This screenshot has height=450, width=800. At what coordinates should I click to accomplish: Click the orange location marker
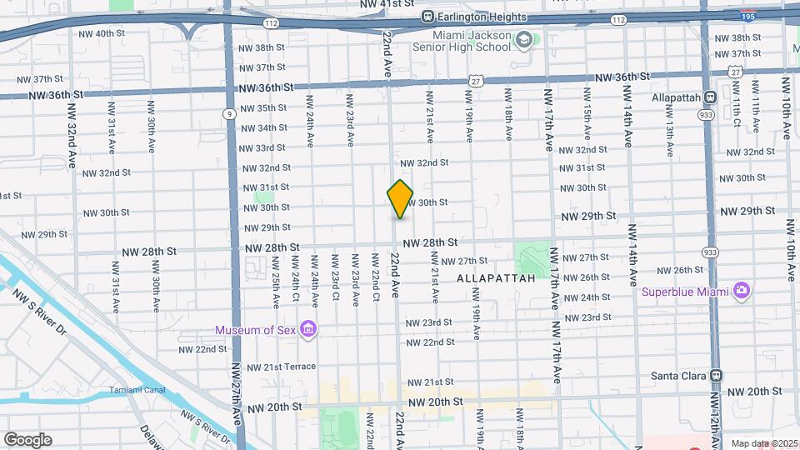pos(401,199)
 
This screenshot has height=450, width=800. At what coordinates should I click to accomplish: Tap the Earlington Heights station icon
pos(428,17)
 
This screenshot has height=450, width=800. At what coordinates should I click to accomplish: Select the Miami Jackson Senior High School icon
pos(523,40)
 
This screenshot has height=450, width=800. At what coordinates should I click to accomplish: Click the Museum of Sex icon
pos(308,329)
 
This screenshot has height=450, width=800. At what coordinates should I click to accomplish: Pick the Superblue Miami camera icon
pos(741,291)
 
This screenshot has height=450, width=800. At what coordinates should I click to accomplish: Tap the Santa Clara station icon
pos(716,376)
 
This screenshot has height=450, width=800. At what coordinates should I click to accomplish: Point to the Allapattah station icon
pos(709,97)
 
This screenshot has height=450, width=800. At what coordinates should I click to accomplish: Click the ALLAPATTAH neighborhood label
pos(496,279)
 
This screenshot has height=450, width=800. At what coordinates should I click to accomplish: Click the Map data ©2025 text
pos(763,443)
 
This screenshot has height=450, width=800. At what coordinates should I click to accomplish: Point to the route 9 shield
pos(229,114)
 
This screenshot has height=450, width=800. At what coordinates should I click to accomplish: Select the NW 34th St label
pos(264,128)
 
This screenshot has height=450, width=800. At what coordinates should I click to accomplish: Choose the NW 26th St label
pos(682,270)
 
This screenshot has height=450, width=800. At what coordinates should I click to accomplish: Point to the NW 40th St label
pos(100,33)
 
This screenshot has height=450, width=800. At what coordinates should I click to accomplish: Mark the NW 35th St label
pos(264,108)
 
